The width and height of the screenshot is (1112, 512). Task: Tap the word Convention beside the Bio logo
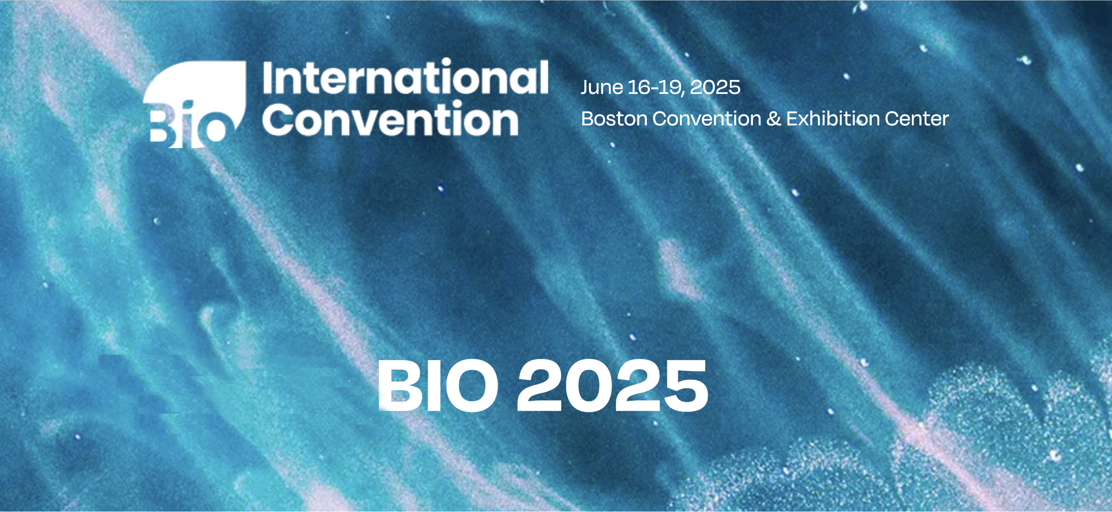point(390,118)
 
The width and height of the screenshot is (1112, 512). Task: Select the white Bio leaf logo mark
point(194,104)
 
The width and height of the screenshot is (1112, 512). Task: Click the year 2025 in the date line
point(715,87)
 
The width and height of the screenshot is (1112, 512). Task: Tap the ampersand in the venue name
point(774,118)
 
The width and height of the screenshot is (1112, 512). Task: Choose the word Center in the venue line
point(917,118)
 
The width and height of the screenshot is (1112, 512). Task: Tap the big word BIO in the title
point(438,385)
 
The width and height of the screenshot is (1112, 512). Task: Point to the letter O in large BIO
point(471,385)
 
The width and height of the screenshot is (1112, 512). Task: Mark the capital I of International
point(269,78)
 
